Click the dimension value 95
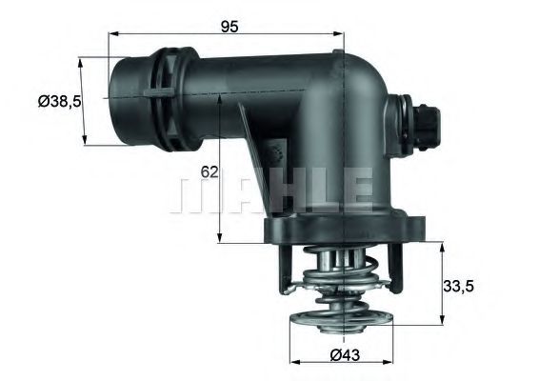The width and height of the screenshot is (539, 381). coord(229,27)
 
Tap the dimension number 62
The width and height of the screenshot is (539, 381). coord(210,172)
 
